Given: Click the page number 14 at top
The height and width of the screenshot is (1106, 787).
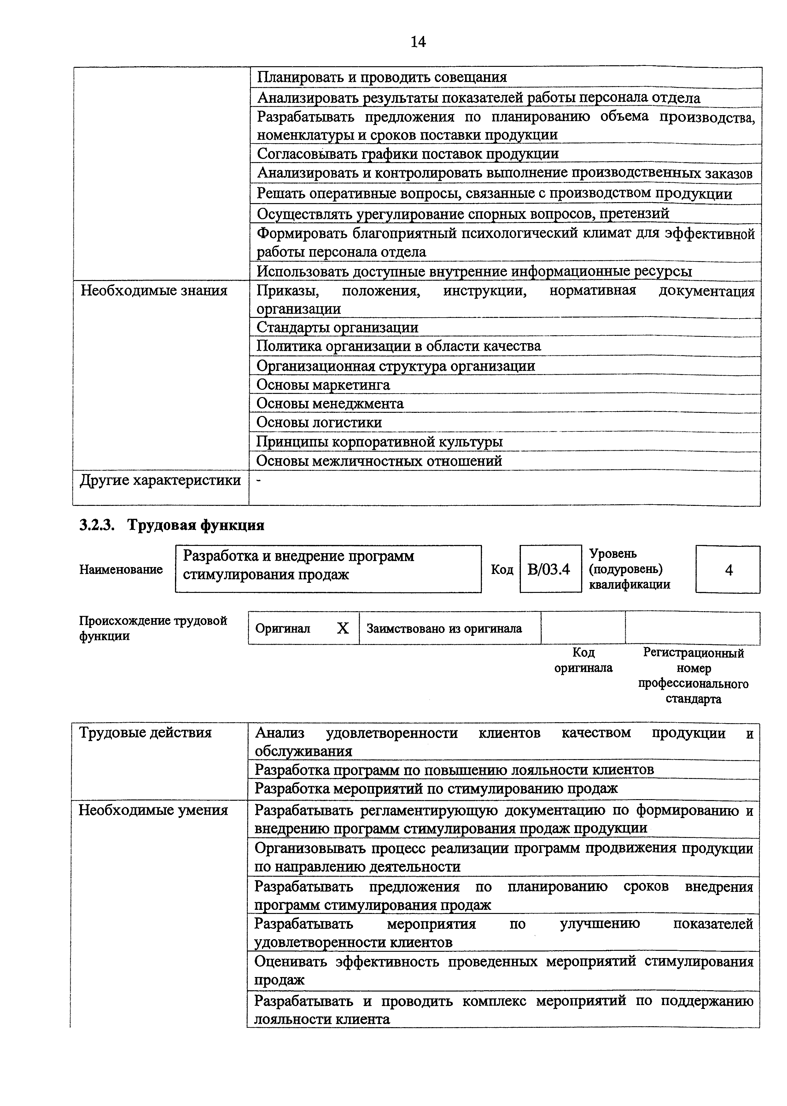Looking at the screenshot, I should point(418,42).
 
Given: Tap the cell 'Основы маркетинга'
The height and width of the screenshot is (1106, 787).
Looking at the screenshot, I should point(323,385).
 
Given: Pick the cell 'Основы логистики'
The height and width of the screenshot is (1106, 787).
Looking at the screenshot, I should point(319,423).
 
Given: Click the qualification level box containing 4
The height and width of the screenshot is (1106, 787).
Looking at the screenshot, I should point(728,570).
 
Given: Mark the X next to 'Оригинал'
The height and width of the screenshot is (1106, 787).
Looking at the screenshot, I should point(343,629).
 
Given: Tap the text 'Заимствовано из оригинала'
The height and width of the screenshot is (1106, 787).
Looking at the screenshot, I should point(444,629).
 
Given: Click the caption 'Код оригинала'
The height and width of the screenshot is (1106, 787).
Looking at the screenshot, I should point(583,660).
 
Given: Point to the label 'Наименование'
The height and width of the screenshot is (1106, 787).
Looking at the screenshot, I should point(121,570).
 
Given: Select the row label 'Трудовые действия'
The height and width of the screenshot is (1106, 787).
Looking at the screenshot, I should point(145,732).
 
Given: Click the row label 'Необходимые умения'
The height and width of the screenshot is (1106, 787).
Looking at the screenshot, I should point(153,810).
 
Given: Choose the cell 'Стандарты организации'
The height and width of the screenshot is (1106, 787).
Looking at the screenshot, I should point(337,328).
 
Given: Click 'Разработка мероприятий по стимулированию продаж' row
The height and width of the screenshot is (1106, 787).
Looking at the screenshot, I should point(436,788).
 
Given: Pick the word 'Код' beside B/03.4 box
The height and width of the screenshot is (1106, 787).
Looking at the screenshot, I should point(502,570).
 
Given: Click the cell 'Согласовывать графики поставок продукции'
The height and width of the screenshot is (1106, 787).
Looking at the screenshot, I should point(408,154).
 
